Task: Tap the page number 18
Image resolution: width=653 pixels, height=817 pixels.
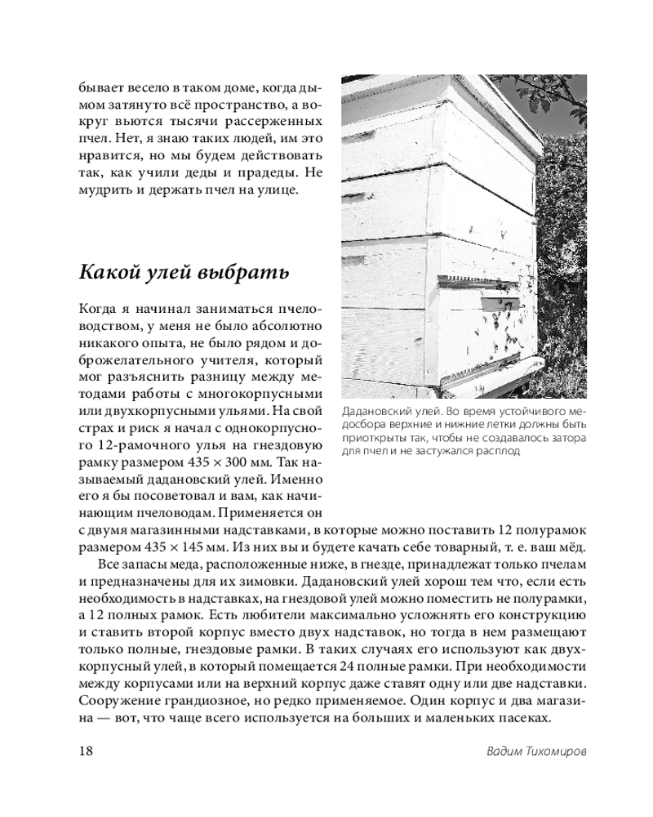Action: (x=87, y=752)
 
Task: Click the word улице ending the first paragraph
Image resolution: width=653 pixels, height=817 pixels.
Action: (x=282, y=192)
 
